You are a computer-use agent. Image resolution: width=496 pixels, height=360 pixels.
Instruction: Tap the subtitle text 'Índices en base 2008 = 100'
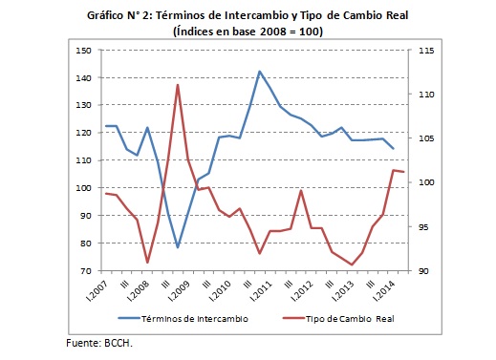click(248, 31)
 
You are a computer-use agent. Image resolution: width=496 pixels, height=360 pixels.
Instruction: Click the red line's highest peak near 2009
click(178, 85)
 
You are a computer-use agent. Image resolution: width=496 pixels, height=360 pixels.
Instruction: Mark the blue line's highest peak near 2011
click(260, 71)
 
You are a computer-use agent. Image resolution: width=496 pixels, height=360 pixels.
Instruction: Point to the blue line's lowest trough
click(178, 247)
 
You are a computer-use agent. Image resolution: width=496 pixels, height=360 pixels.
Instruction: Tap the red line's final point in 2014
click(403, 172)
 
